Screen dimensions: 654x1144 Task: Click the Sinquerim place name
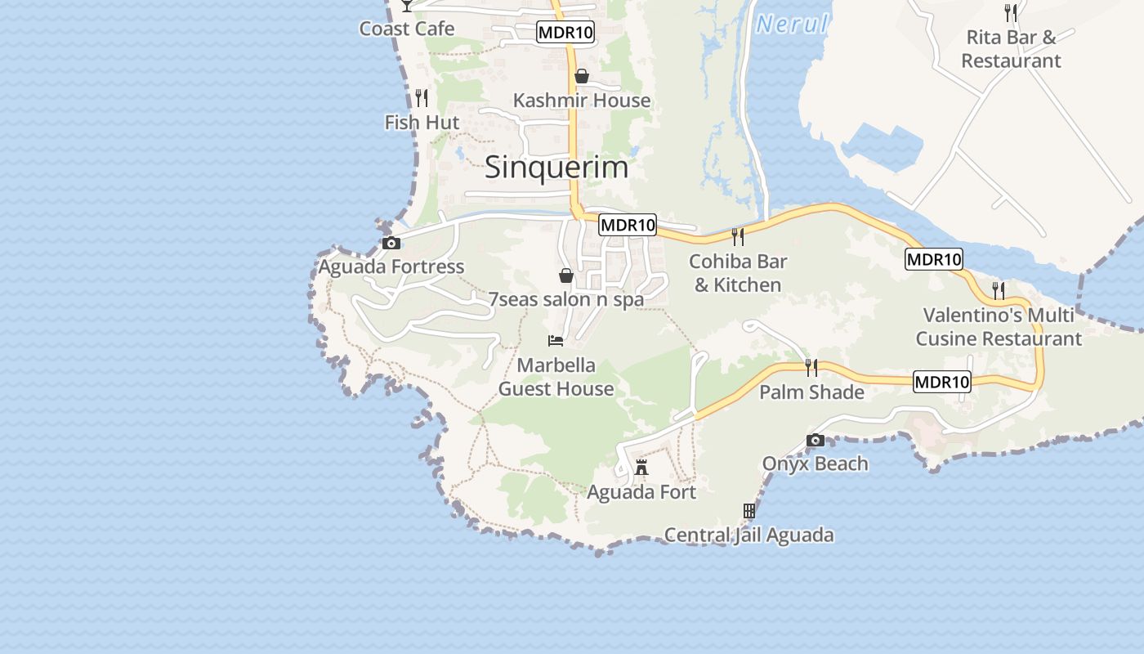coord(556,168)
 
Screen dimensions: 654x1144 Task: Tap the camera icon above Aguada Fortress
coord(391,243)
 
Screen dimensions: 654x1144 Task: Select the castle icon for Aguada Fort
coord(641,468)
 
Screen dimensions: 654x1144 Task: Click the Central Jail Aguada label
coord(749,535)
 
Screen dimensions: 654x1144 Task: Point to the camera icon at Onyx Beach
coord(815,441)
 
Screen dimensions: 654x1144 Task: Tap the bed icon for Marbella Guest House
coord(556,340)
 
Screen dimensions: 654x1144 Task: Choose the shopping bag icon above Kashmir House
coord(582,77)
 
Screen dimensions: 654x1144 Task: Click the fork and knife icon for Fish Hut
coord(422,98)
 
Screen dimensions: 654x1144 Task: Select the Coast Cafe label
coord(407,29)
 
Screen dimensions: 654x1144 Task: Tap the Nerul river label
coord(791,25)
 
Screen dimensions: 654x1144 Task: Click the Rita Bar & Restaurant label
coord(1011,49)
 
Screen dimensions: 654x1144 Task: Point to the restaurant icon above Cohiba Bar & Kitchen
coord(738,237)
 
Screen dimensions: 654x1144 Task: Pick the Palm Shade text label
coord(811,392)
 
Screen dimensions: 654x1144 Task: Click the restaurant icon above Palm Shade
coord(811,367)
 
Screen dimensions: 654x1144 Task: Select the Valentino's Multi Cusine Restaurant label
coord(999,327)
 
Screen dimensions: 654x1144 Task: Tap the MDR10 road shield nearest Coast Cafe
coord(565,33)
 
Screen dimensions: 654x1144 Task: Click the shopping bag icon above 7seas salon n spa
coord(565,275)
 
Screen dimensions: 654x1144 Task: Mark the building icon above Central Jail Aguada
coord(749,511)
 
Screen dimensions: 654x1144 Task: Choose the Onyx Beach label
coord(815,464)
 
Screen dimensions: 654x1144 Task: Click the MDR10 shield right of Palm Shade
coord(942,382)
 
